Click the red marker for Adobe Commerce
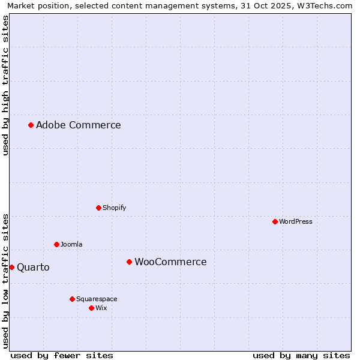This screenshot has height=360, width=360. pos(31,125)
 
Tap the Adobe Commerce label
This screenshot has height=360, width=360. pos(79,125)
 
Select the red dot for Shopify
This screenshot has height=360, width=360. pos(98,208)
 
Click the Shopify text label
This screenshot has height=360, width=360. pos(114,208)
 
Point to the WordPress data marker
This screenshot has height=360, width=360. pos(275,221)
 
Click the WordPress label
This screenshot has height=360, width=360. pos(296,221)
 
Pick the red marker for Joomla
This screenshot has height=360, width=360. pos(56,244)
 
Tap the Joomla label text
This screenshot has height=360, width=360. pos(71,244)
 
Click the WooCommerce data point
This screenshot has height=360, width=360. pos(129,262)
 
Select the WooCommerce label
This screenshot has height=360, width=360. pos(170,262)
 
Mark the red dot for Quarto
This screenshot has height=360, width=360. pos(11,267)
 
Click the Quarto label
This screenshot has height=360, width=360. pos(33,267)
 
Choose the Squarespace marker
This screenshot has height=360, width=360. pos(72,299)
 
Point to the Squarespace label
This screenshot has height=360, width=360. pos(97,299)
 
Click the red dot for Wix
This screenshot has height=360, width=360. pos(91,308)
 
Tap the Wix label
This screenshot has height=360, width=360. pos(101,308)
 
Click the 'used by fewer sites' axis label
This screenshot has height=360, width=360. pos(62,355)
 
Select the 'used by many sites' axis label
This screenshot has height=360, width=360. pos(301,355)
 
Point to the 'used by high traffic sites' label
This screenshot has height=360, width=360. pos(5,85)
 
